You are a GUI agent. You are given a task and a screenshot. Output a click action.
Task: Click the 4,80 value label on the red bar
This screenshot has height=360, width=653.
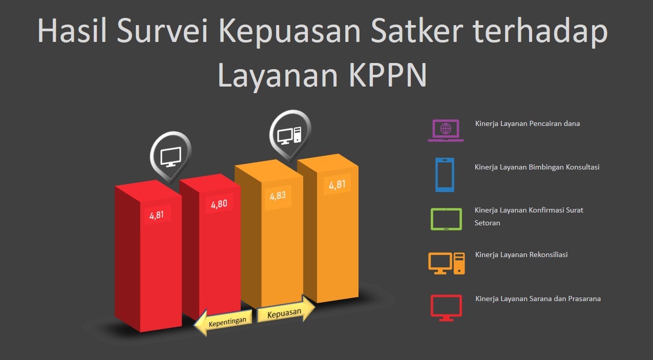[x=219, y=204]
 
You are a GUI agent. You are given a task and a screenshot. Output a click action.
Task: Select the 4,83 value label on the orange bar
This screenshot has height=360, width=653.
[x=278, y=196]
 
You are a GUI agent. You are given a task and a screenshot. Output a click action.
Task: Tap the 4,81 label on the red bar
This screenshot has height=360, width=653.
[x=157, y=215]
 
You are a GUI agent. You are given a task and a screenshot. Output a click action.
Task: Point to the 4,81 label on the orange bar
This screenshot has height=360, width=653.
[x=338, y=185]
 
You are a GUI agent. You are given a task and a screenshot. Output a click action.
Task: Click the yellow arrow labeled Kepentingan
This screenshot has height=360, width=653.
[x=223, y=322]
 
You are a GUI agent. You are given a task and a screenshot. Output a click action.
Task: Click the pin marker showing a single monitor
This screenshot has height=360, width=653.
[x=171, y=156]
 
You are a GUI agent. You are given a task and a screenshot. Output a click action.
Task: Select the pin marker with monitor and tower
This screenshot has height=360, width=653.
[x=290, y=135]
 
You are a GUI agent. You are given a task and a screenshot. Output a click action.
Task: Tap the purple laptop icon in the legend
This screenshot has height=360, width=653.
[x=446, y=130]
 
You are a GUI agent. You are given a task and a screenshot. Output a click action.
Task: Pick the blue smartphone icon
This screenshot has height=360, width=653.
[x=445, y=175]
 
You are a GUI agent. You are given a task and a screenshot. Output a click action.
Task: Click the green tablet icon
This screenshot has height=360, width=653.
[x=446, y=219]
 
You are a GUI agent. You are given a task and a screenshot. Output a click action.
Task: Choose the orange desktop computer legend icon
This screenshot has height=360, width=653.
[x=447, y=263]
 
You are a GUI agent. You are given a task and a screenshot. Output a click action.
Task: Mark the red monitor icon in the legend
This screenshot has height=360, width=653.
[x=446, y=308]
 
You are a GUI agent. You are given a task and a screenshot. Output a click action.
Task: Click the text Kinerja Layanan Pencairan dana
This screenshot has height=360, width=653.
[x=528, y=123]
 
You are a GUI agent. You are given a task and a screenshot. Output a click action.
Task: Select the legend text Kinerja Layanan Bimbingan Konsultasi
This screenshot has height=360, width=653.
[x=537, y=167]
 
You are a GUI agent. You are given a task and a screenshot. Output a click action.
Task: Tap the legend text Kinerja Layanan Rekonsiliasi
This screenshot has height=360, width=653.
[x=521, y=255]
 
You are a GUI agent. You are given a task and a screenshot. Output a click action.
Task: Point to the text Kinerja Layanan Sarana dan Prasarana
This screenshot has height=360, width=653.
[x=538, y=299]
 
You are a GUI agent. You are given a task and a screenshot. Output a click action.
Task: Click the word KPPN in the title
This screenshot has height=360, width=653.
[x=388, y=75]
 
